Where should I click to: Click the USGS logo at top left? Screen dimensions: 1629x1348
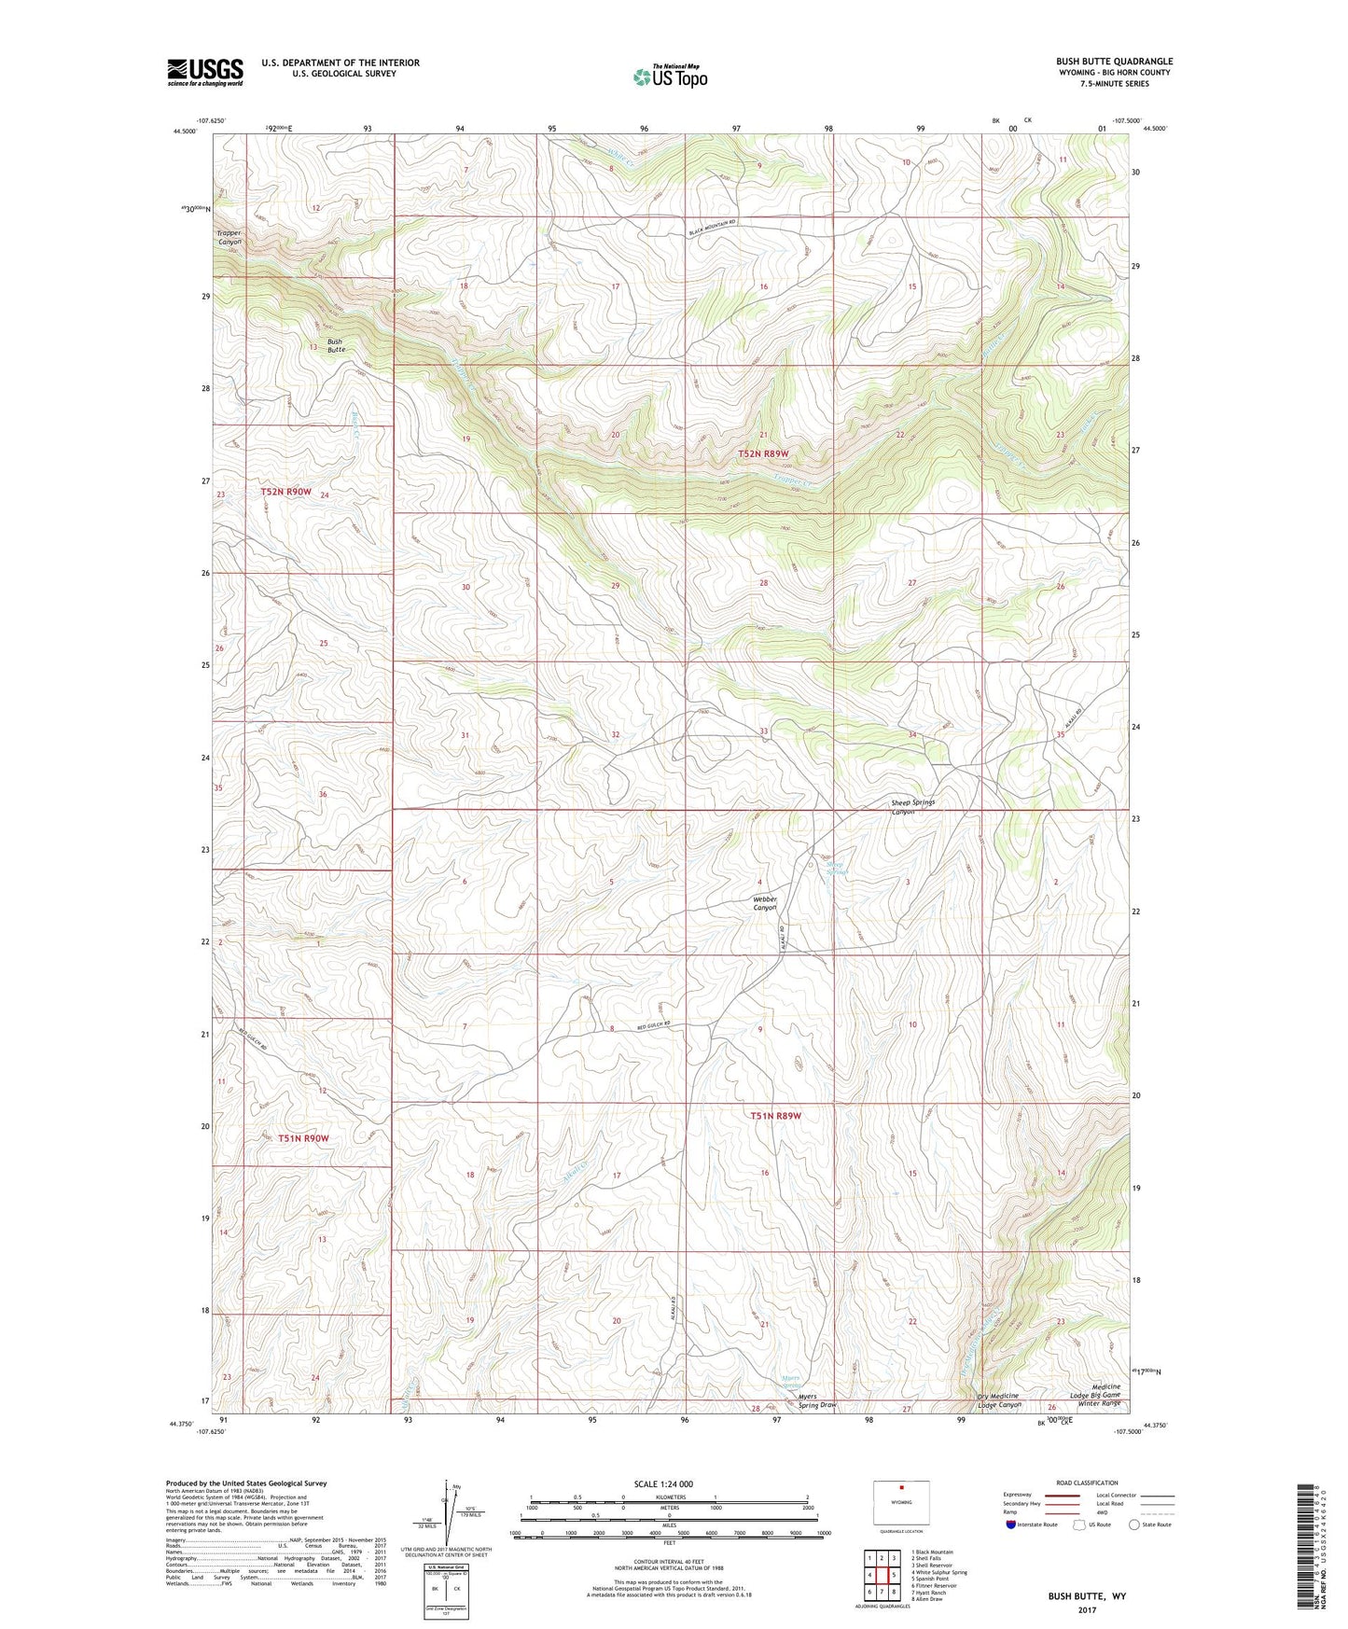[204, 72]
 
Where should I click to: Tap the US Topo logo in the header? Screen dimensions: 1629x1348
[669, 77]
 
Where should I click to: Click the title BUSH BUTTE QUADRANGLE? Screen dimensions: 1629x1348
[1114, 61]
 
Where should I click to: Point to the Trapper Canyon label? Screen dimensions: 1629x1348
[229, 237]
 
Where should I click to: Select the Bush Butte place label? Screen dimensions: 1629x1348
[334, 345]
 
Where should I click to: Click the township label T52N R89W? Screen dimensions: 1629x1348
[770, 453]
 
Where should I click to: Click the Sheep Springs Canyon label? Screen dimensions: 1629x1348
[911, 806]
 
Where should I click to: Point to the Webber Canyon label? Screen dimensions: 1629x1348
[765, 903]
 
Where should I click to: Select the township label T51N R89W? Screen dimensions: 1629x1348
[776, 1115]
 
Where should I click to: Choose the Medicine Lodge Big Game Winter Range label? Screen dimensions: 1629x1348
[1098, 1394]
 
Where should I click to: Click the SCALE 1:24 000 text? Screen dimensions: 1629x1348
[663, 1483]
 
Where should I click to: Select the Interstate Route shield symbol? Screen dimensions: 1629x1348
[1011, 1524]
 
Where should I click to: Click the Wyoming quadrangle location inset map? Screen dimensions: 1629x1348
[901, 1503]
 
